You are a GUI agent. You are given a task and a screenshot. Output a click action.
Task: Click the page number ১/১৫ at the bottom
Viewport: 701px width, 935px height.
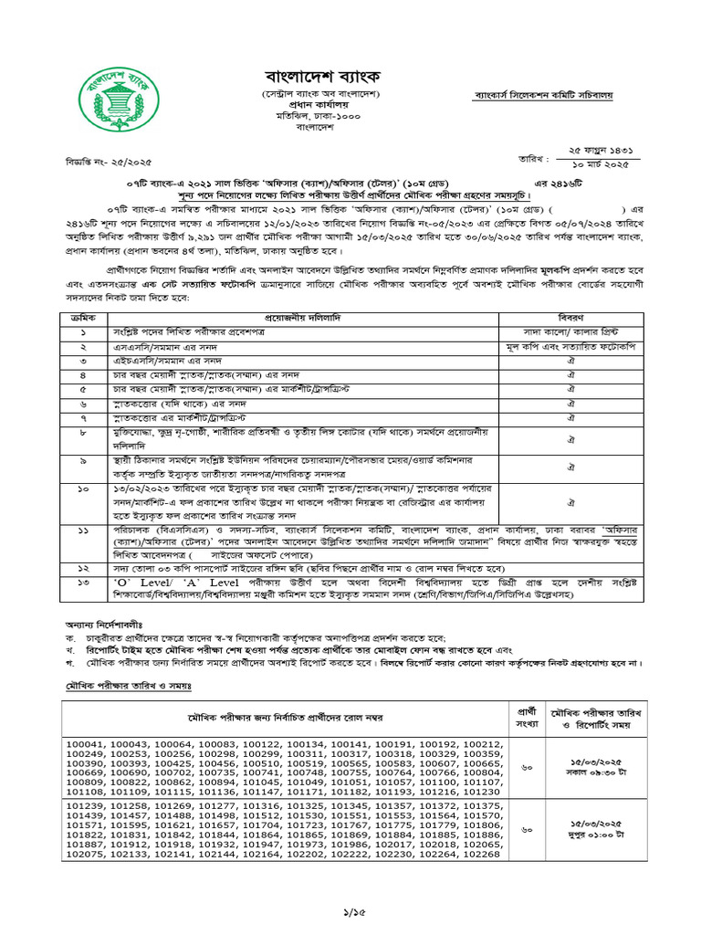click(350, 912)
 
